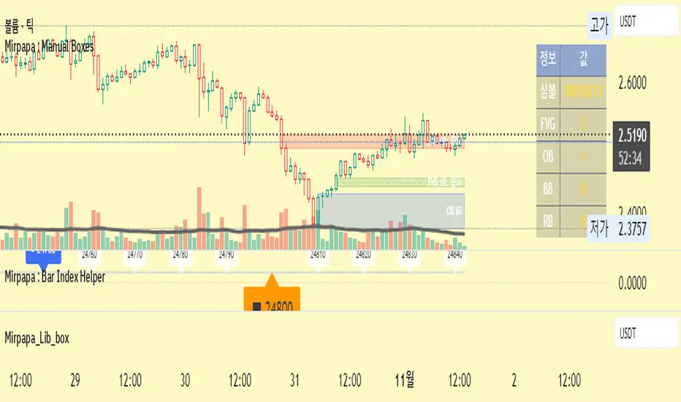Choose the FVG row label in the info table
tap(547, 124)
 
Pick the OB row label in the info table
tap(547, 156)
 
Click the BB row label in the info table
tap(547, 188)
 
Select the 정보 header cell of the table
tap(547, 58)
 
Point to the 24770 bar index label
tap(135, 255)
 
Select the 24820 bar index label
tap(363, 255)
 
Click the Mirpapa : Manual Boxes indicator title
tap(48, 43)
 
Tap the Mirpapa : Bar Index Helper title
tap(55, 276)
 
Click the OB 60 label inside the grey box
tap(454, 211)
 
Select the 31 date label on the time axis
tap(295, 380)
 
